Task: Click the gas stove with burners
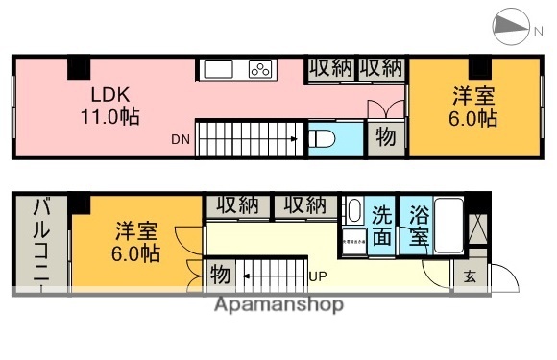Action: tap(261, 69)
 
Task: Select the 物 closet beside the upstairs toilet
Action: tap(385, 138)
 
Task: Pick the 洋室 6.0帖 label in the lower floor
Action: tap(136, 242)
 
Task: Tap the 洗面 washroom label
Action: tap(382, 226)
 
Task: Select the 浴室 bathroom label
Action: tap(418, 226)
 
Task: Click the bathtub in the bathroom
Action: tap(448, 223)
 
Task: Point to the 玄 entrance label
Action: tap(470, 277)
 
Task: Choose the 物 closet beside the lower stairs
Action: tap(219, 275)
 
